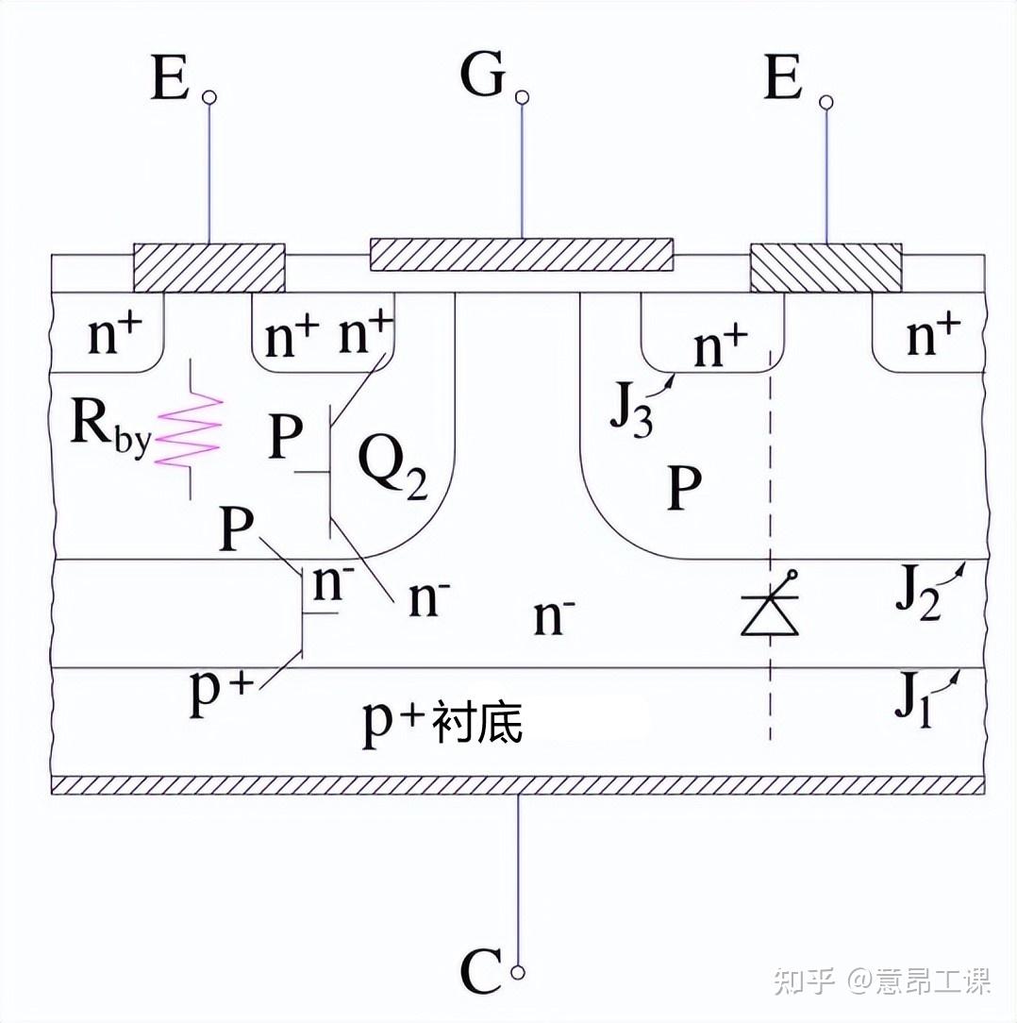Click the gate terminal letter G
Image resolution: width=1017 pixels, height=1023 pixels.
coord(483,75)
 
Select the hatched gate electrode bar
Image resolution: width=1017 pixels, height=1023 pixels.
coord(521,255)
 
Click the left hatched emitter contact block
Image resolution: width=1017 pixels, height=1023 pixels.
coord(208,267)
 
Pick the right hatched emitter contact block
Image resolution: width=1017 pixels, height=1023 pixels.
coord(826,267)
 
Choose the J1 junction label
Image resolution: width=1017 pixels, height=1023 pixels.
coord(913,701)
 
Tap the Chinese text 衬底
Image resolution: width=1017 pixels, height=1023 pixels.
coord(479,722)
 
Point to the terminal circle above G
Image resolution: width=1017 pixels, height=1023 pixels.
coord(522,98)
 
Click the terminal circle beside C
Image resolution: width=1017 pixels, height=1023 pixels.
coord(519,973)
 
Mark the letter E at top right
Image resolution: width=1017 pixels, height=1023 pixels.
coord(783,77)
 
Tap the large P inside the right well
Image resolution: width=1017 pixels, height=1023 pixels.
coord(685,488)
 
